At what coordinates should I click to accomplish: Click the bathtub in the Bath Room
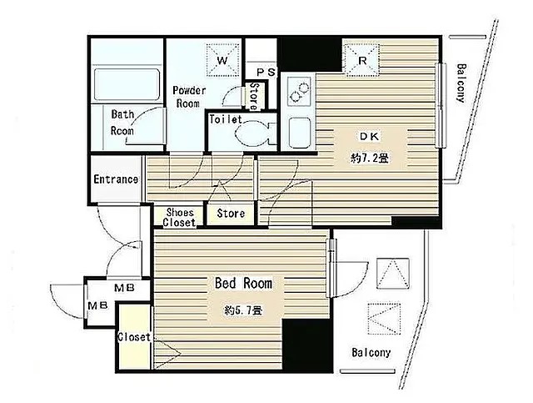127,85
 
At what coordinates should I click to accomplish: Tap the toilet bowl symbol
255,134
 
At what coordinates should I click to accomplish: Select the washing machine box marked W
222,61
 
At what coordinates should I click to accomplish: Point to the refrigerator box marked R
362,60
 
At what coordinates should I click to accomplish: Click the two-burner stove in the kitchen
299,92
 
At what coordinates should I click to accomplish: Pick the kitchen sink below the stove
299,133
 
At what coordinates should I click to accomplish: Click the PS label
266,73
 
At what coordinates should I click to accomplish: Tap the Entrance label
116,179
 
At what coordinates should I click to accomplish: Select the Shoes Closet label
180,218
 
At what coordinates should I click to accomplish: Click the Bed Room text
243,283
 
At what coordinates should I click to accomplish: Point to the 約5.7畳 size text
243,310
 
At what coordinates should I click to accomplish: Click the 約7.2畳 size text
370,158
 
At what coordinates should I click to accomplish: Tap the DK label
370,137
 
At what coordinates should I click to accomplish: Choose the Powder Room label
189,97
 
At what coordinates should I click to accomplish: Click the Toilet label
226,119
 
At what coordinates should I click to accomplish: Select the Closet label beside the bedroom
134,337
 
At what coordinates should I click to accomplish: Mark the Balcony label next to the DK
461,83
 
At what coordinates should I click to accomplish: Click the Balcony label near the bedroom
371,352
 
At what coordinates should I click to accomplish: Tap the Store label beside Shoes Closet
231,214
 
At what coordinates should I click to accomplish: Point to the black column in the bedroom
307,345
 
